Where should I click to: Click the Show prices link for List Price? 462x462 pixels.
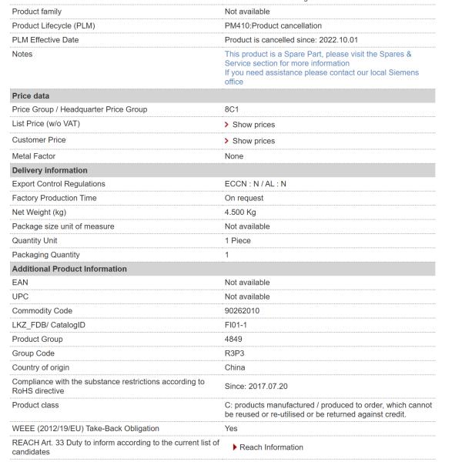coord(253,125)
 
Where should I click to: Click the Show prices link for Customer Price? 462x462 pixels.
coord(253,141)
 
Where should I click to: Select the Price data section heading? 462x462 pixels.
coord(30,95)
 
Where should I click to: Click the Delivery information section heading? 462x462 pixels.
coord(49,170)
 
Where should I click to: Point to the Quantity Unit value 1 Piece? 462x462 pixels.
coord(238,240)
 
